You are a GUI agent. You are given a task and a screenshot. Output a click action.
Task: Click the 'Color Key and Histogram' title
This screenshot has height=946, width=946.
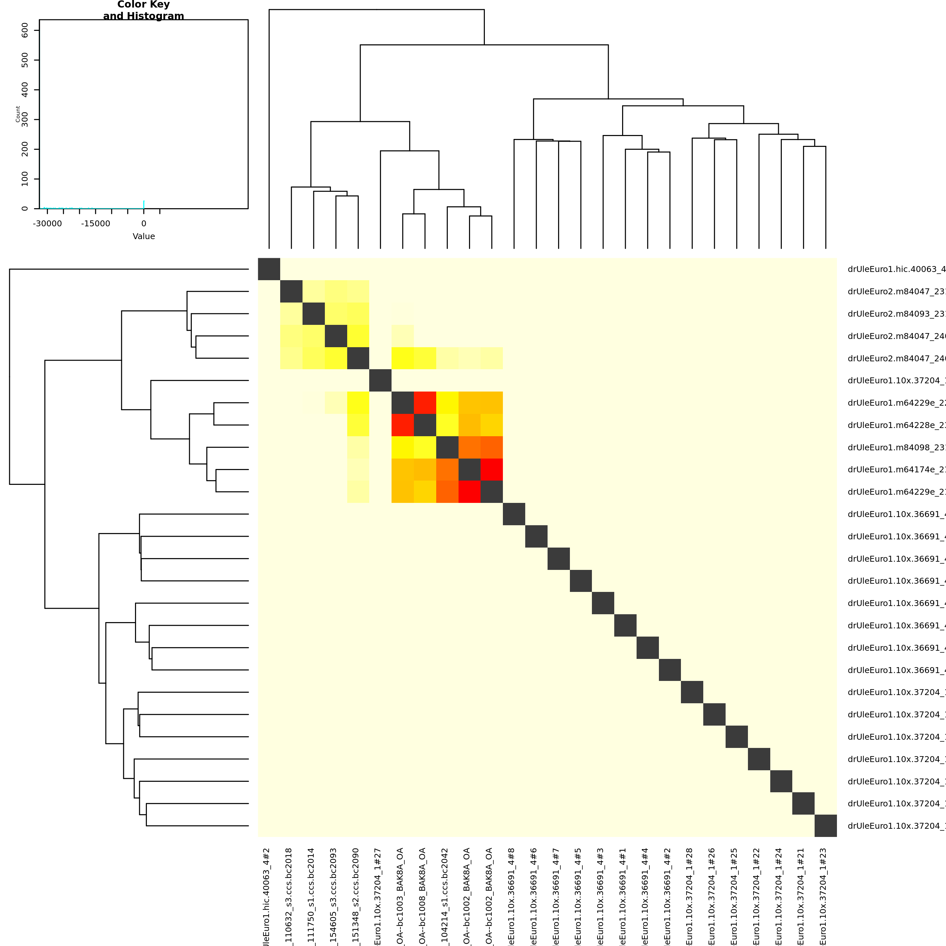(x=144, y=10)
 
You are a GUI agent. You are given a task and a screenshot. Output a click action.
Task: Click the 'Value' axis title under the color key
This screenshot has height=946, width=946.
(x=144, y=236)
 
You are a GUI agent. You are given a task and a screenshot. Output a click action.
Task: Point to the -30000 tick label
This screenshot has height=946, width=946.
(x=48, y=224)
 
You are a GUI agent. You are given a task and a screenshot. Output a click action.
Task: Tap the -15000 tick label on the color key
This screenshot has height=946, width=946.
(x=96, y=224)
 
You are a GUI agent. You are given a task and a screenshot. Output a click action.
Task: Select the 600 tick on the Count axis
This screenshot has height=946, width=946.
(x=25, y=30)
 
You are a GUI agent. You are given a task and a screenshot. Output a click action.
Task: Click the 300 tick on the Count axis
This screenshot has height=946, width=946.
(x=25, y=120)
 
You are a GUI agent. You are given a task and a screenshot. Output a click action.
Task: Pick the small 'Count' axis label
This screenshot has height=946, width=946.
(x=18, y=114)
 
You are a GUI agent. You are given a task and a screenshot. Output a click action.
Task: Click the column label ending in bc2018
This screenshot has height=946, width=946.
(x=289, y=896)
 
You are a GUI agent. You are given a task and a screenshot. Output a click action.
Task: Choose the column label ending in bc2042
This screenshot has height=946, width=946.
(x=445, y=896)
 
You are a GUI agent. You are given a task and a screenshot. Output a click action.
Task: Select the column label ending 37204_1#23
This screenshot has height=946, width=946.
(x=823, y=896)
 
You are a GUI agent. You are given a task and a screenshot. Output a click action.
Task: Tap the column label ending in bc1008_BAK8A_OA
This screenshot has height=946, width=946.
(x=422, y=896)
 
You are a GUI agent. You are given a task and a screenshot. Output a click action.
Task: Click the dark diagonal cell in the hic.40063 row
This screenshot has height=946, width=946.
(x=269, y=269)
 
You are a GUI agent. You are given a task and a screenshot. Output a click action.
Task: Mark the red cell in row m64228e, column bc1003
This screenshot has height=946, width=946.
(x=402, y=425)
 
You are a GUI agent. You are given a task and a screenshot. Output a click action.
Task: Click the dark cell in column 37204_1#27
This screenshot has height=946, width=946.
(x=380, y=380)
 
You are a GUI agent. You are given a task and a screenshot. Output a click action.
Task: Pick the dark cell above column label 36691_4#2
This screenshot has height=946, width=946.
(x=670, y=670)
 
